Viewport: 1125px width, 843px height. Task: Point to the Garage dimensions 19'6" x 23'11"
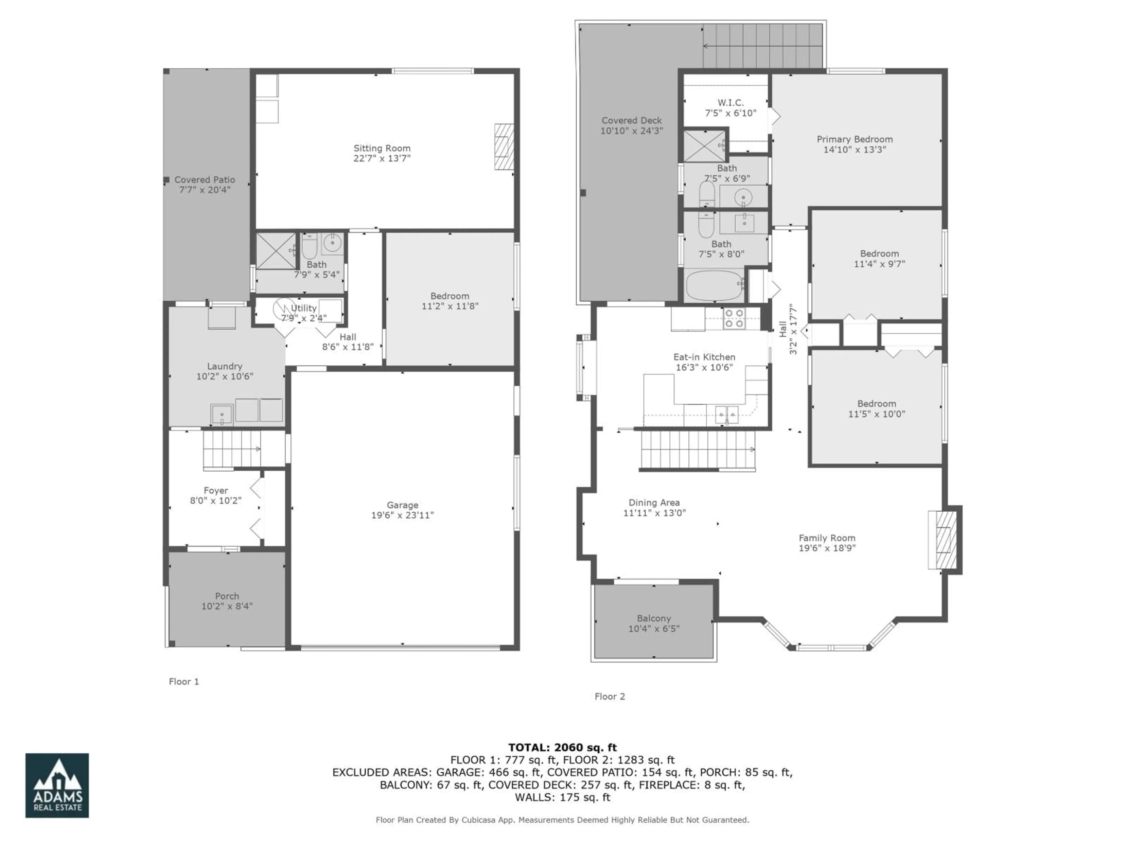402,515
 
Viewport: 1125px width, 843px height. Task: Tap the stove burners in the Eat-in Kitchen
734,318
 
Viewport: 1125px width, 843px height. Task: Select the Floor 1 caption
184,681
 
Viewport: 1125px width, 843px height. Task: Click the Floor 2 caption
610,696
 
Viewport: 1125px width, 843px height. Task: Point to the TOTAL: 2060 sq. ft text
562,748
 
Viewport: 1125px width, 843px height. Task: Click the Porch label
227,596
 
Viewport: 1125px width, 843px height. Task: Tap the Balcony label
654,618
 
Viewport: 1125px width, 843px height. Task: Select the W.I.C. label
730,103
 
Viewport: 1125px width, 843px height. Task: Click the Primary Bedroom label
854,139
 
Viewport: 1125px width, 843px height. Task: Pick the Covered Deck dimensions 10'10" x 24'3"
632,131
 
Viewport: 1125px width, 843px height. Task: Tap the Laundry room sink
222,414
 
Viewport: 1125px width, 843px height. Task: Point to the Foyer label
216,490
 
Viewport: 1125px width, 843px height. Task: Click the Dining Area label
654,503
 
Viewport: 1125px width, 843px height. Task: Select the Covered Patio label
204,180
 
